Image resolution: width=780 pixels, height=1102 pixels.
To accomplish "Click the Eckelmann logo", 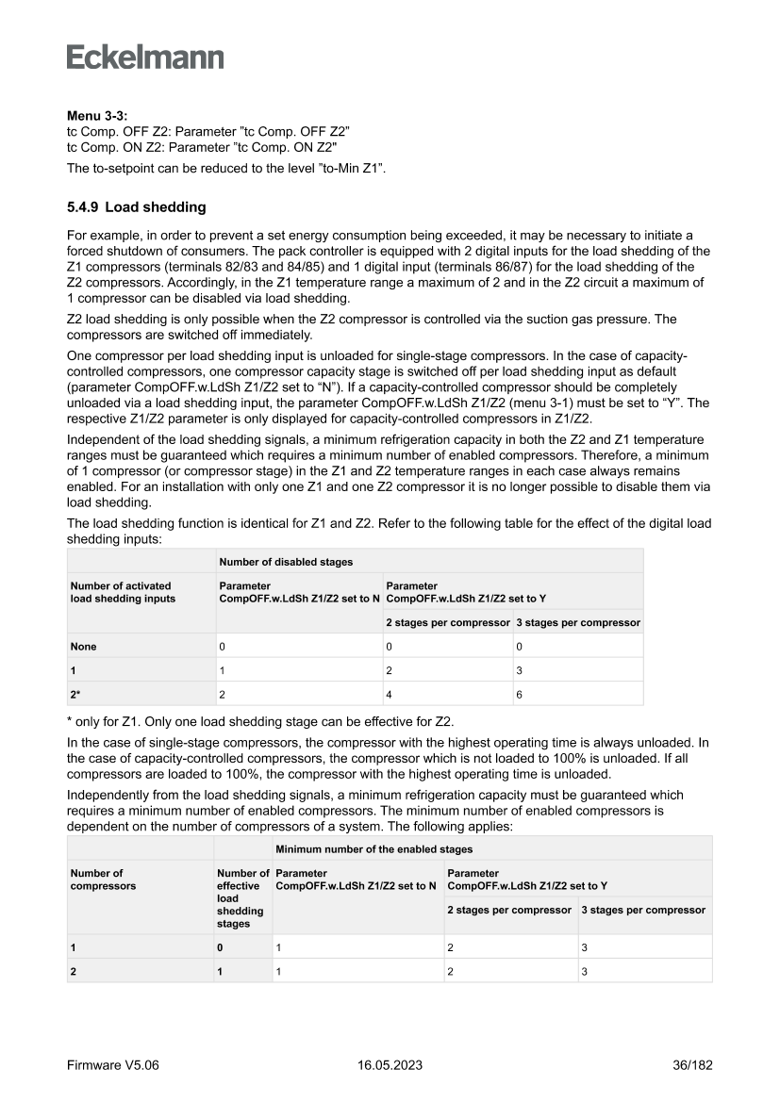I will click(x=145, y=58).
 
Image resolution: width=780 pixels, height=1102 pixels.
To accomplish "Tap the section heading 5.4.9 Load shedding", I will click(x=136, y=206).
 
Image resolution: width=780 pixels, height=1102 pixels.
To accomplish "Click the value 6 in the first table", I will click(x=518, y=694).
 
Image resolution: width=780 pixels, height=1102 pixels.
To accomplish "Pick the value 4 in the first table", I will click(x=390, y=694).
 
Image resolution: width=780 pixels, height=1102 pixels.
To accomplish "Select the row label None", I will click(x=83, y=647).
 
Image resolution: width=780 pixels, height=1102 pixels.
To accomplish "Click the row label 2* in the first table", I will click(x=75, y=694).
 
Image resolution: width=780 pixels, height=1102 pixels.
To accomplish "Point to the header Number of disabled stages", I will click(x=286, y=562).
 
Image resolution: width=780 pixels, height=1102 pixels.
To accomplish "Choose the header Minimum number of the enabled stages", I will click(x=359, y=849).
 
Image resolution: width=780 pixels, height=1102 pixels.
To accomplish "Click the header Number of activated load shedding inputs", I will click(x=123, y=592).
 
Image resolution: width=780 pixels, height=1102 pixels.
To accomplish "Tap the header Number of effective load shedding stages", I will click(x=241, y=898).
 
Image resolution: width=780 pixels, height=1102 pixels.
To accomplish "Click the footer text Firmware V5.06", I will click(x=113, y=1065).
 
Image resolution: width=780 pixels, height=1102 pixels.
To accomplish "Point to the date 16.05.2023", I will click(x=390, y=1065).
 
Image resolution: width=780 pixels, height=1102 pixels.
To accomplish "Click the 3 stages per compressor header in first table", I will click(x=578, y=622).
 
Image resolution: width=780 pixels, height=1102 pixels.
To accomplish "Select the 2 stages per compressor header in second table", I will click(x=509, y=910).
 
